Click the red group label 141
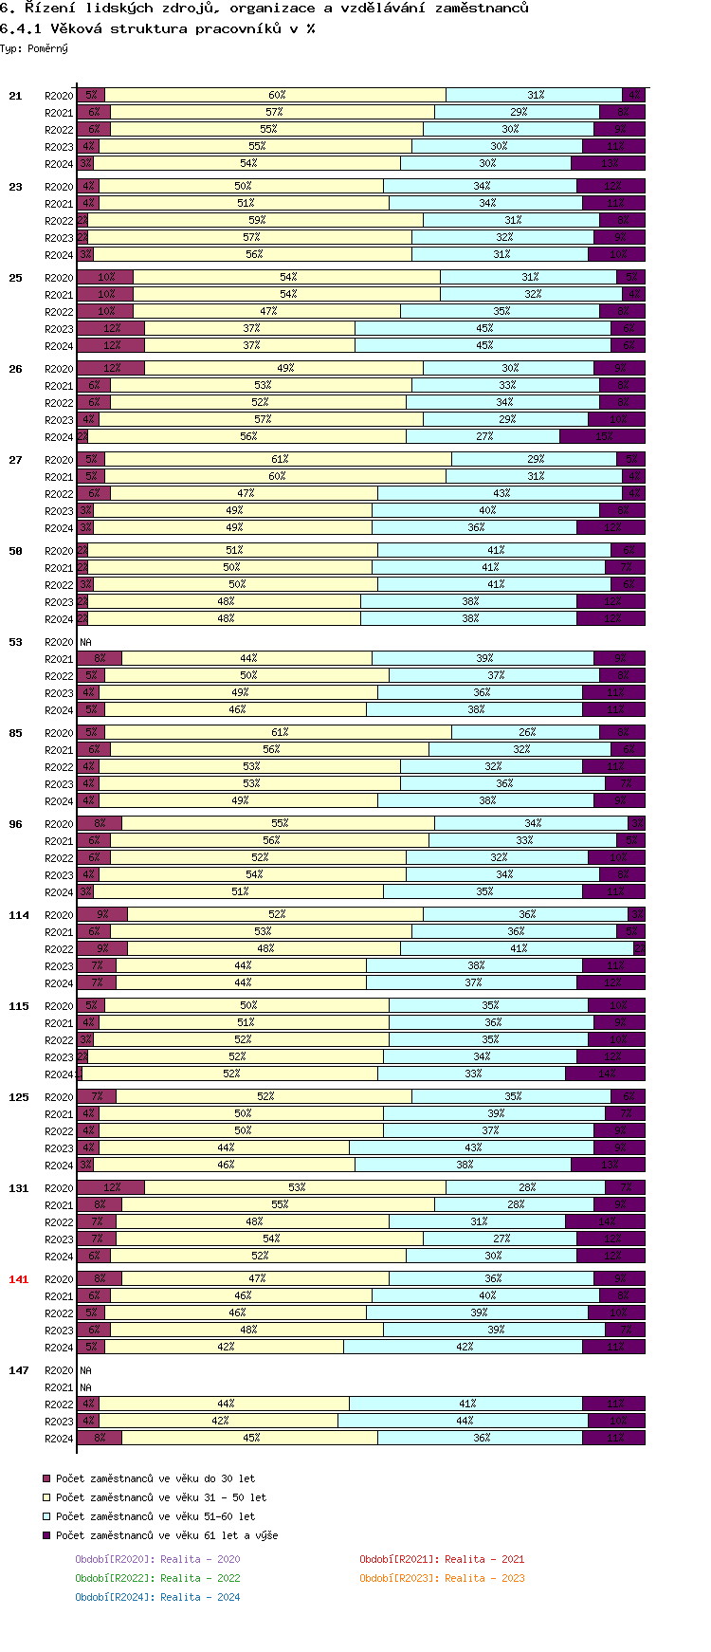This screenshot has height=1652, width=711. coord(19,1279)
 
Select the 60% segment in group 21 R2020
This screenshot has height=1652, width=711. coord(276,95)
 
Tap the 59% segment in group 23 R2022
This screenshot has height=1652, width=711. coord(256,220)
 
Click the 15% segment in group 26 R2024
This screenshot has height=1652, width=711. coord(602,436)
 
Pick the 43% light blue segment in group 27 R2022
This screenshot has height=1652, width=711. coord(501,493)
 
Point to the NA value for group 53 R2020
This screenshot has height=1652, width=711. coord(85,642)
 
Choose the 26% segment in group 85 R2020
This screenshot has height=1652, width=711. coord(526,732)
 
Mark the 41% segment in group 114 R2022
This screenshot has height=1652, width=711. coord(518,948)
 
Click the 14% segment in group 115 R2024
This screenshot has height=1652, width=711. coord(606,1074)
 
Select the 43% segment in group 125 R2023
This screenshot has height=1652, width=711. coord(472,1147)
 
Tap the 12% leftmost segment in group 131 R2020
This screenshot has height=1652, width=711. coord(111,1187)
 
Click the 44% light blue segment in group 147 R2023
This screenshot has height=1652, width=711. coord(464,1421)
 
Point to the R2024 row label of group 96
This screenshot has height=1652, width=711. coord(59,892)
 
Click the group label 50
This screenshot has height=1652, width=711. coord(15,551)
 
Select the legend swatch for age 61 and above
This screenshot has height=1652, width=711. coord(46,1535)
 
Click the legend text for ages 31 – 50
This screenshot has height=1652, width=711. coord(161,1497)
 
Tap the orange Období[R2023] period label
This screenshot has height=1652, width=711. coord(442,1578)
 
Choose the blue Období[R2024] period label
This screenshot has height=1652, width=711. coord(157,1597)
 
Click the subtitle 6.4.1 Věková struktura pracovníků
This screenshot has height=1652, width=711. coord(157,28)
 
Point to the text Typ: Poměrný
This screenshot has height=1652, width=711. coord(34,48)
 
